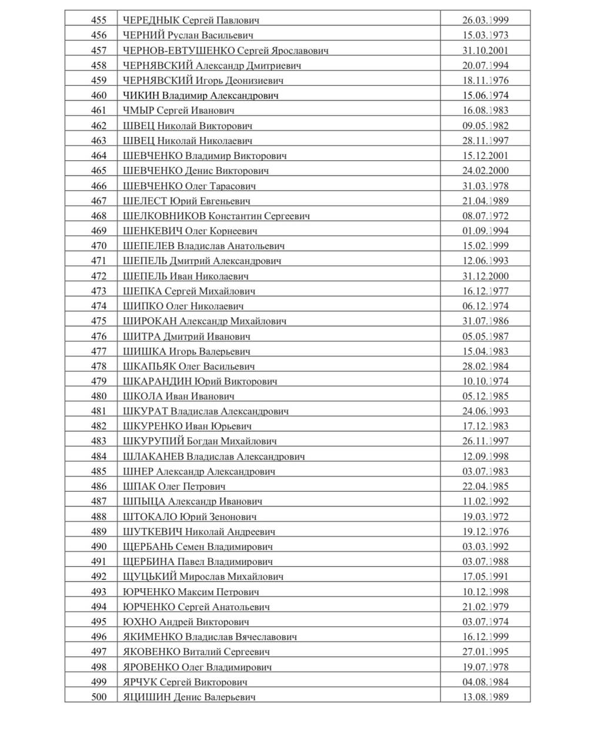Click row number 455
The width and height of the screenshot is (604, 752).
[99, 20]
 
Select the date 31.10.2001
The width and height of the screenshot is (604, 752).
[485, 51]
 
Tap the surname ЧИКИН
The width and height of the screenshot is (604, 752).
[141, 95]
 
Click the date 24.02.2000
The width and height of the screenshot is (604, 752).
[485, 170]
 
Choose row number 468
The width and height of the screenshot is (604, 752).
[99, 216]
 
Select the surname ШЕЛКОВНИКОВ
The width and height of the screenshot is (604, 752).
[165, 216]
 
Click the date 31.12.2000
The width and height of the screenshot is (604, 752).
[485, 276]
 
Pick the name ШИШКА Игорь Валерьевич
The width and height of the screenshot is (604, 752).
[187, 351]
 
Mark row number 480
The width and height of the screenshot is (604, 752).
[99, 396]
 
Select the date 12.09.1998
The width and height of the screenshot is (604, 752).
[485, 456]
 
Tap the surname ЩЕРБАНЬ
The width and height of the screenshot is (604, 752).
[150, 546]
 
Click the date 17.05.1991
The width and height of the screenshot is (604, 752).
[485, 576]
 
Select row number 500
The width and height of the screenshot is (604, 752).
[99, 697]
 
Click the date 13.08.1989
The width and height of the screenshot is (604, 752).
[485, 697]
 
